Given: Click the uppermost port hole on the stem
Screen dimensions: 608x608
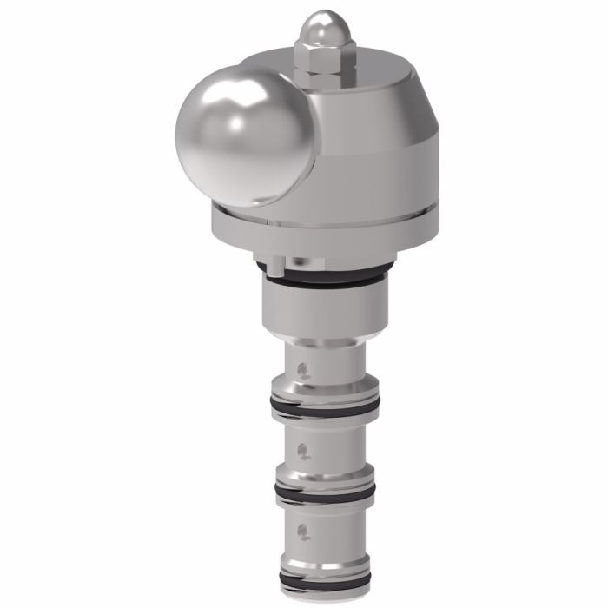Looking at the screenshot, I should pyautogui.click(x=301, y=368).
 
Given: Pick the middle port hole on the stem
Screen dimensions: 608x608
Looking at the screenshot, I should pyautogui.click(x=302, y=450).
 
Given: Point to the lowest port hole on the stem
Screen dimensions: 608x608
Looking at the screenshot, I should pyautogui.click(x=301, y=531).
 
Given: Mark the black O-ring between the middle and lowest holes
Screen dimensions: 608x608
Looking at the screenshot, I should pyautogui.click(x=323, y=492).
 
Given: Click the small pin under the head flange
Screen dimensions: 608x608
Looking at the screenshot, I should pyautogui.click(x=274, y=261).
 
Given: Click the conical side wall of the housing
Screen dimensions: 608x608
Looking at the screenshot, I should pyautogui.click(x=382, y=148).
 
